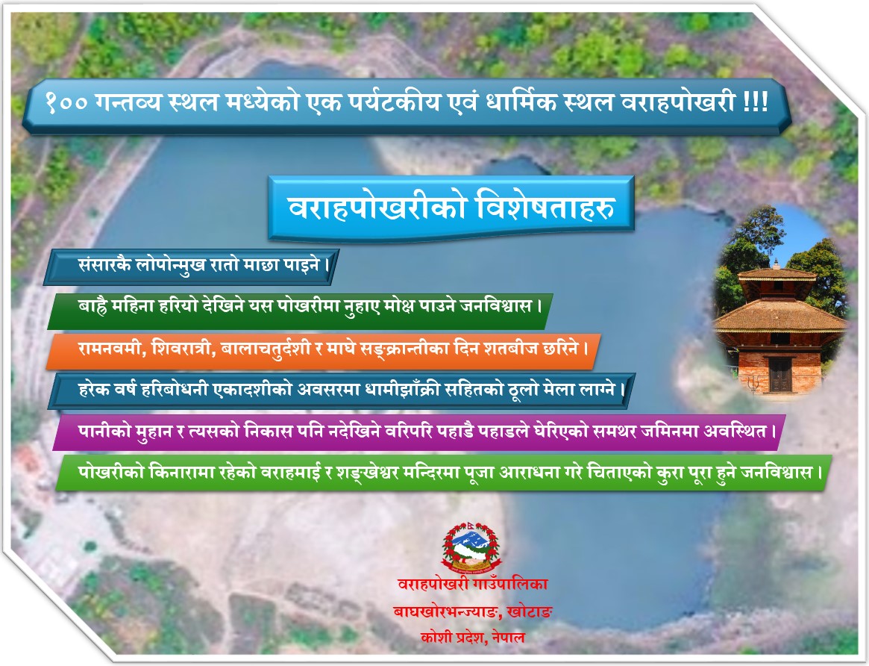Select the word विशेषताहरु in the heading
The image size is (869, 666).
click(547, 208)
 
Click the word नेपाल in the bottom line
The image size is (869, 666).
click(508, 638)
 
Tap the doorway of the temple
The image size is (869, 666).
click(779, 375)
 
